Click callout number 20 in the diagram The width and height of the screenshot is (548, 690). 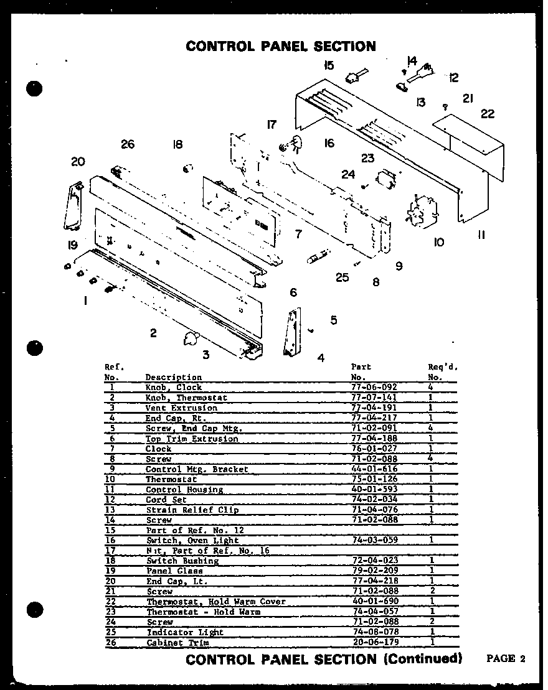(77, 162)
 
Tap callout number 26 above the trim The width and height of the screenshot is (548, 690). (128, 144)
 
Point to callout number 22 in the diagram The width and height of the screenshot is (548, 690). (488, 113)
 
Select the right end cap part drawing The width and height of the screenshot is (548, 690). (291, 333)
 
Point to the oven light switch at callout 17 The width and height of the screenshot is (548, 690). (290, 144)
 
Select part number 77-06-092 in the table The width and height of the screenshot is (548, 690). (374, 387)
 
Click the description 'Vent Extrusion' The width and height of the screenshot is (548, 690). (181, 408)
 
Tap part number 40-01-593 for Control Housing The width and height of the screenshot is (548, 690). (374, 490)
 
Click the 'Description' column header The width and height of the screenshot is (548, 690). (173, 377)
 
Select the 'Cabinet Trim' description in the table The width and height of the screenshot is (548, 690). (177, 642)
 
